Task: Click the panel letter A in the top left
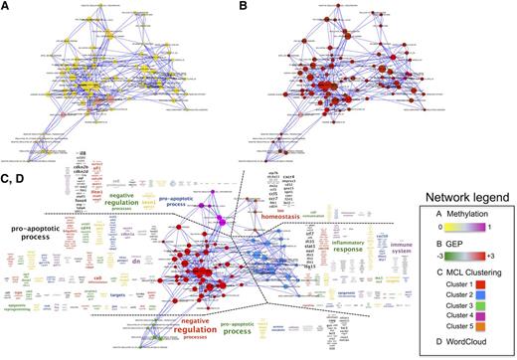[x=8, y=9]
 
